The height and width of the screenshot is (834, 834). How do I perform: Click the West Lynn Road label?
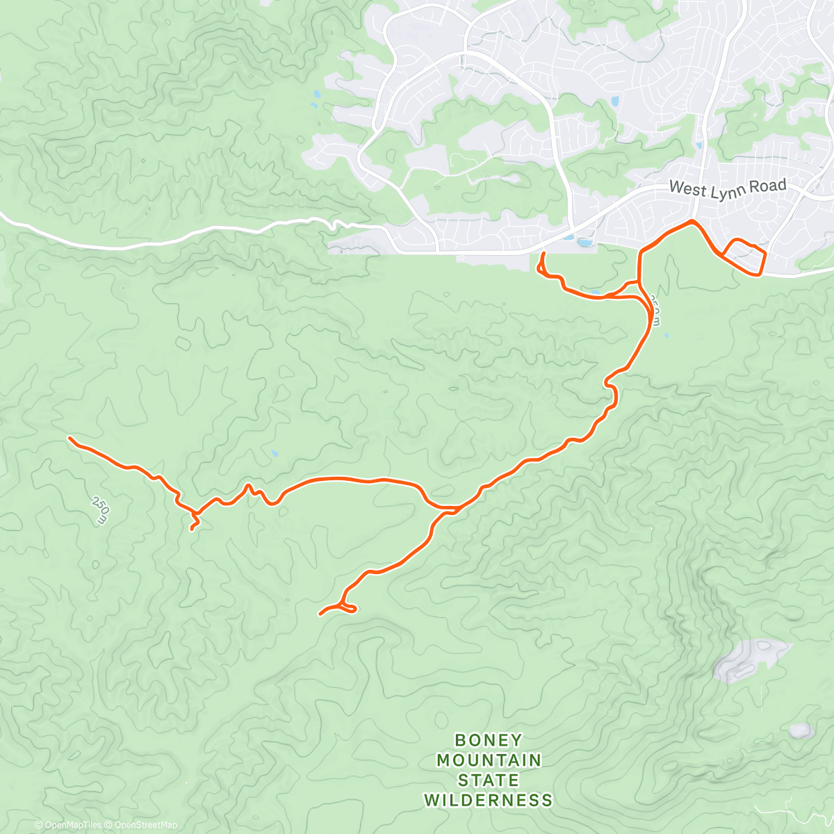(727, 187)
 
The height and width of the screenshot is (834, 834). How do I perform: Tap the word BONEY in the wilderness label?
(488, 740)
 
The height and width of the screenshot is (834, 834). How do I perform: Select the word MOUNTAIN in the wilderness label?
(488, 760)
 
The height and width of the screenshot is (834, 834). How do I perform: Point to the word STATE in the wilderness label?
(488, 780)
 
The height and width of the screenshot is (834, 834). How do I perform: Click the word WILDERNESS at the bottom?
(488, 800)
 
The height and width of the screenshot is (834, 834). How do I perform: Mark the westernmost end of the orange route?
(69, 438)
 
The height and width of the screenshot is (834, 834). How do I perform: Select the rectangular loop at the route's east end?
(744, 256)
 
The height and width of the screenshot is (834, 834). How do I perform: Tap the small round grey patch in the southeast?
(800, 730)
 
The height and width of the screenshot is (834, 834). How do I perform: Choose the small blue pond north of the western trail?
(275, 455)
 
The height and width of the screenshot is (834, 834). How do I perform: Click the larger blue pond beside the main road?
(584, 243)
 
